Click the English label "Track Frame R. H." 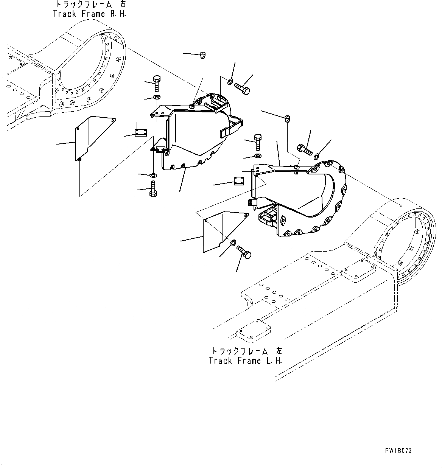90,14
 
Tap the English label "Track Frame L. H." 245,361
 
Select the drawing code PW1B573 398,451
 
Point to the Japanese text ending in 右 91,4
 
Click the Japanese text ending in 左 247,351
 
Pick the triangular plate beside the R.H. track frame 95,138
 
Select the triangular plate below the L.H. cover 226,232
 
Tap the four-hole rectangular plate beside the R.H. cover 141,132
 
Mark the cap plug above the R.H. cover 202,55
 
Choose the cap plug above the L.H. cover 287,118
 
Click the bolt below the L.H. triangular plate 244,252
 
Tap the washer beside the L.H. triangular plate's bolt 233,243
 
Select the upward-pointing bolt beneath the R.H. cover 153,189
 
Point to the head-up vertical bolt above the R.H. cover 157,83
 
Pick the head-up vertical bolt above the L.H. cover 258,142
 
